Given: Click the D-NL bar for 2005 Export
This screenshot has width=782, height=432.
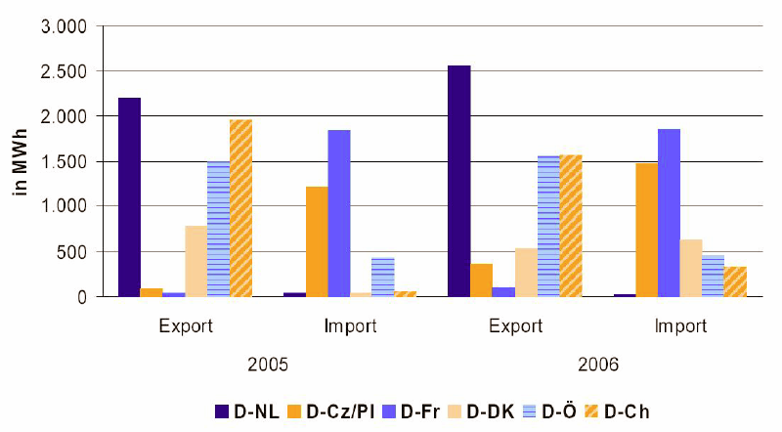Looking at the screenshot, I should click(x=130, y=197).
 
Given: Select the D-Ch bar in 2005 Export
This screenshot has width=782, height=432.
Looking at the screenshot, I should click(x=239, y=208).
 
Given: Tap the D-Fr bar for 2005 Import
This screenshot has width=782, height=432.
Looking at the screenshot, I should click(x=338, y=213).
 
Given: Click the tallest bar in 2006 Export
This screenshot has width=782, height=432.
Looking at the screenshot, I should click(x=458, y=181).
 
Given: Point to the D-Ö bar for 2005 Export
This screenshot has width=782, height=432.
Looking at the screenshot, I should click(x=218, y=229).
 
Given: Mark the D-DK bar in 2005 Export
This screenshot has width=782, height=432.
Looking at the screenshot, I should click(x=195, y=261).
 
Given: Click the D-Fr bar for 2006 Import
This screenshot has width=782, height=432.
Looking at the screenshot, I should click(x=669, y=212).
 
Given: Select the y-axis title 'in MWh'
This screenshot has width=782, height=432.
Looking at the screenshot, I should click(x=21, y=160).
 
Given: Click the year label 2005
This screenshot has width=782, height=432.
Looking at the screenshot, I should click(x=267, y=365).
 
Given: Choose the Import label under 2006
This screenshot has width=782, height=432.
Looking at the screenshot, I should click(x=679, y=326).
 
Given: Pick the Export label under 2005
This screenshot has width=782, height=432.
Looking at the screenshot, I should click(x=185, y=326).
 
